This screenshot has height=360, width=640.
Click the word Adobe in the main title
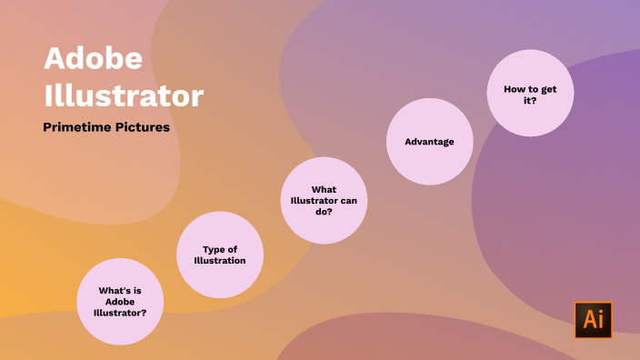coord(93,60)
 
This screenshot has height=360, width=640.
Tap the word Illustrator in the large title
coord(124,95)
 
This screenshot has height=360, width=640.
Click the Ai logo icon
coord(593,320)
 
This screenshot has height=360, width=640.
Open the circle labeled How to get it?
coord(530,94)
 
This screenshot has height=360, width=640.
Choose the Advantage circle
coord(429,142)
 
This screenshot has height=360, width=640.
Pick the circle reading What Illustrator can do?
coord(324,200)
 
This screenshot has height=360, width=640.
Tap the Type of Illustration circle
coord(220,255)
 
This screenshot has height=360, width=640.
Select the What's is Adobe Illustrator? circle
coord(120,302)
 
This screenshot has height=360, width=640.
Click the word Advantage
coord(429,142)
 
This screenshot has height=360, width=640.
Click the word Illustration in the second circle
coord(220,261)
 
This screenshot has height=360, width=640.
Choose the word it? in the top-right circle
coord(530,100)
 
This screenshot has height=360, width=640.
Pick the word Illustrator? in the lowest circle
coord(120,314)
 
